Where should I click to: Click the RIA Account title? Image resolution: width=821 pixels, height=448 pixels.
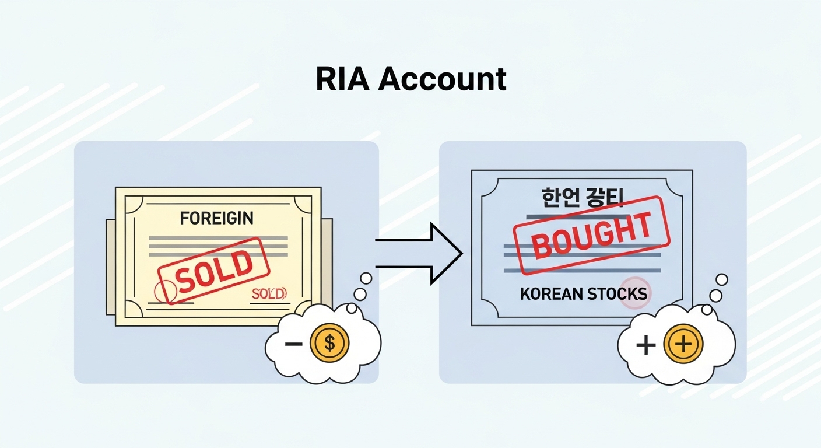(x=410, y=79)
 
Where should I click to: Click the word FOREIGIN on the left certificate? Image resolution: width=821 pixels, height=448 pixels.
(x=216, y=219)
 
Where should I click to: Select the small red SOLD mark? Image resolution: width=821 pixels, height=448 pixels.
(x=269, y=293)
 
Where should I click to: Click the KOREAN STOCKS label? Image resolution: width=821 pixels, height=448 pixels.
(x=583, y=293)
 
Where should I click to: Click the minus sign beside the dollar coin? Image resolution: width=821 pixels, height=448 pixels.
(x=294, y=344)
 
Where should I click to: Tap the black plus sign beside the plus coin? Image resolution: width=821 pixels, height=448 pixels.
(x=646, y=345)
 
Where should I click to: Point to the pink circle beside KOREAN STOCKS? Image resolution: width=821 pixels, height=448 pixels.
(x=634, y=295)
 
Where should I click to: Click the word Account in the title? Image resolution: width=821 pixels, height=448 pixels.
(x=442, y=79)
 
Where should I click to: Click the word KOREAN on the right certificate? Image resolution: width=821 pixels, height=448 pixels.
(x=548, y=293)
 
